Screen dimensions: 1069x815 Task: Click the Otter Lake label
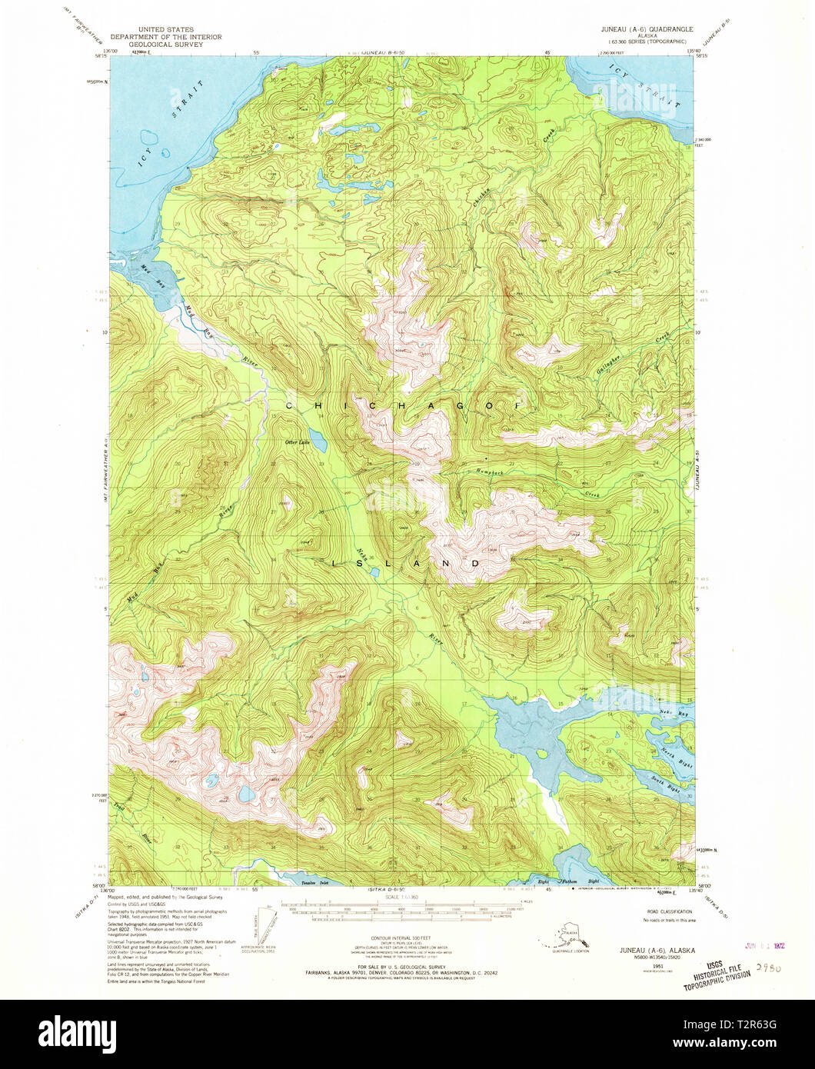(x=297, y=442)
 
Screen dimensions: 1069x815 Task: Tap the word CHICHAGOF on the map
(x=404, y=405)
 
